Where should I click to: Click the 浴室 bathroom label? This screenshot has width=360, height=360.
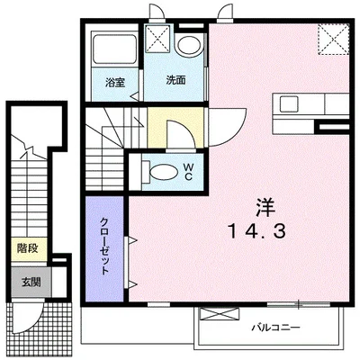(115, 83)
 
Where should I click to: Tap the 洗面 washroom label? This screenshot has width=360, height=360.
(176, 80)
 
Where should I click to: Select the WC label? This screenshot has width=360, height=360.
(188, 171)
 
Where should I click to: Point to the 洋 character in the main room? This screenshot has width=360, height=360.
(265, 208)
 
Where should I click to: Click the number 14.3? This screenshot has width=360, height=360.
(256, 231)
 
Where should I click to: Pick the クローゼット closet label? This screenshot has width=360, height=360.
(104, 246)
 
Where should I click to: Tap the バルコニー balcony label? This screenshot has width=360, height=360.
(275, 327)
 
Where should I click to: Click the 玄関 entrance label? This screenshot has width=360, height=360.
(31, 283)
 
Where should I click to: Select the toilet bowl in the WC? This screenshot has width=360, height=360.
(162, 172)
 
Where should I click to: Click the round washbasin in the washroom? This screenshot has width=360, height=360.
(189, 45)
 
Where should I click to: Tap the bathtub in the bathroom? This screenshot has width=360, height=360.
(114, 49)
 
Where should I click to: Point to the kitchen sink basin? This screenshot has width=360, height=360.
(289, 103)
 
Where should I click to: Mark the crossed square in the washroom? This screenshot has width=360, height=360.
(157, 38)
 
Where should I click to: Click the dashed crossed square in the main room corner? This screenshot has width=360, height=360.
(334, 40)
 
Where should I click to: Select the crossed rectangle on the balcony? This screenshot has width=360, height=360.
(220, 314)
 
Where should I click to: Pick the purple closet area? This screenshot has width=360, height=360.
(104, 248)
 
